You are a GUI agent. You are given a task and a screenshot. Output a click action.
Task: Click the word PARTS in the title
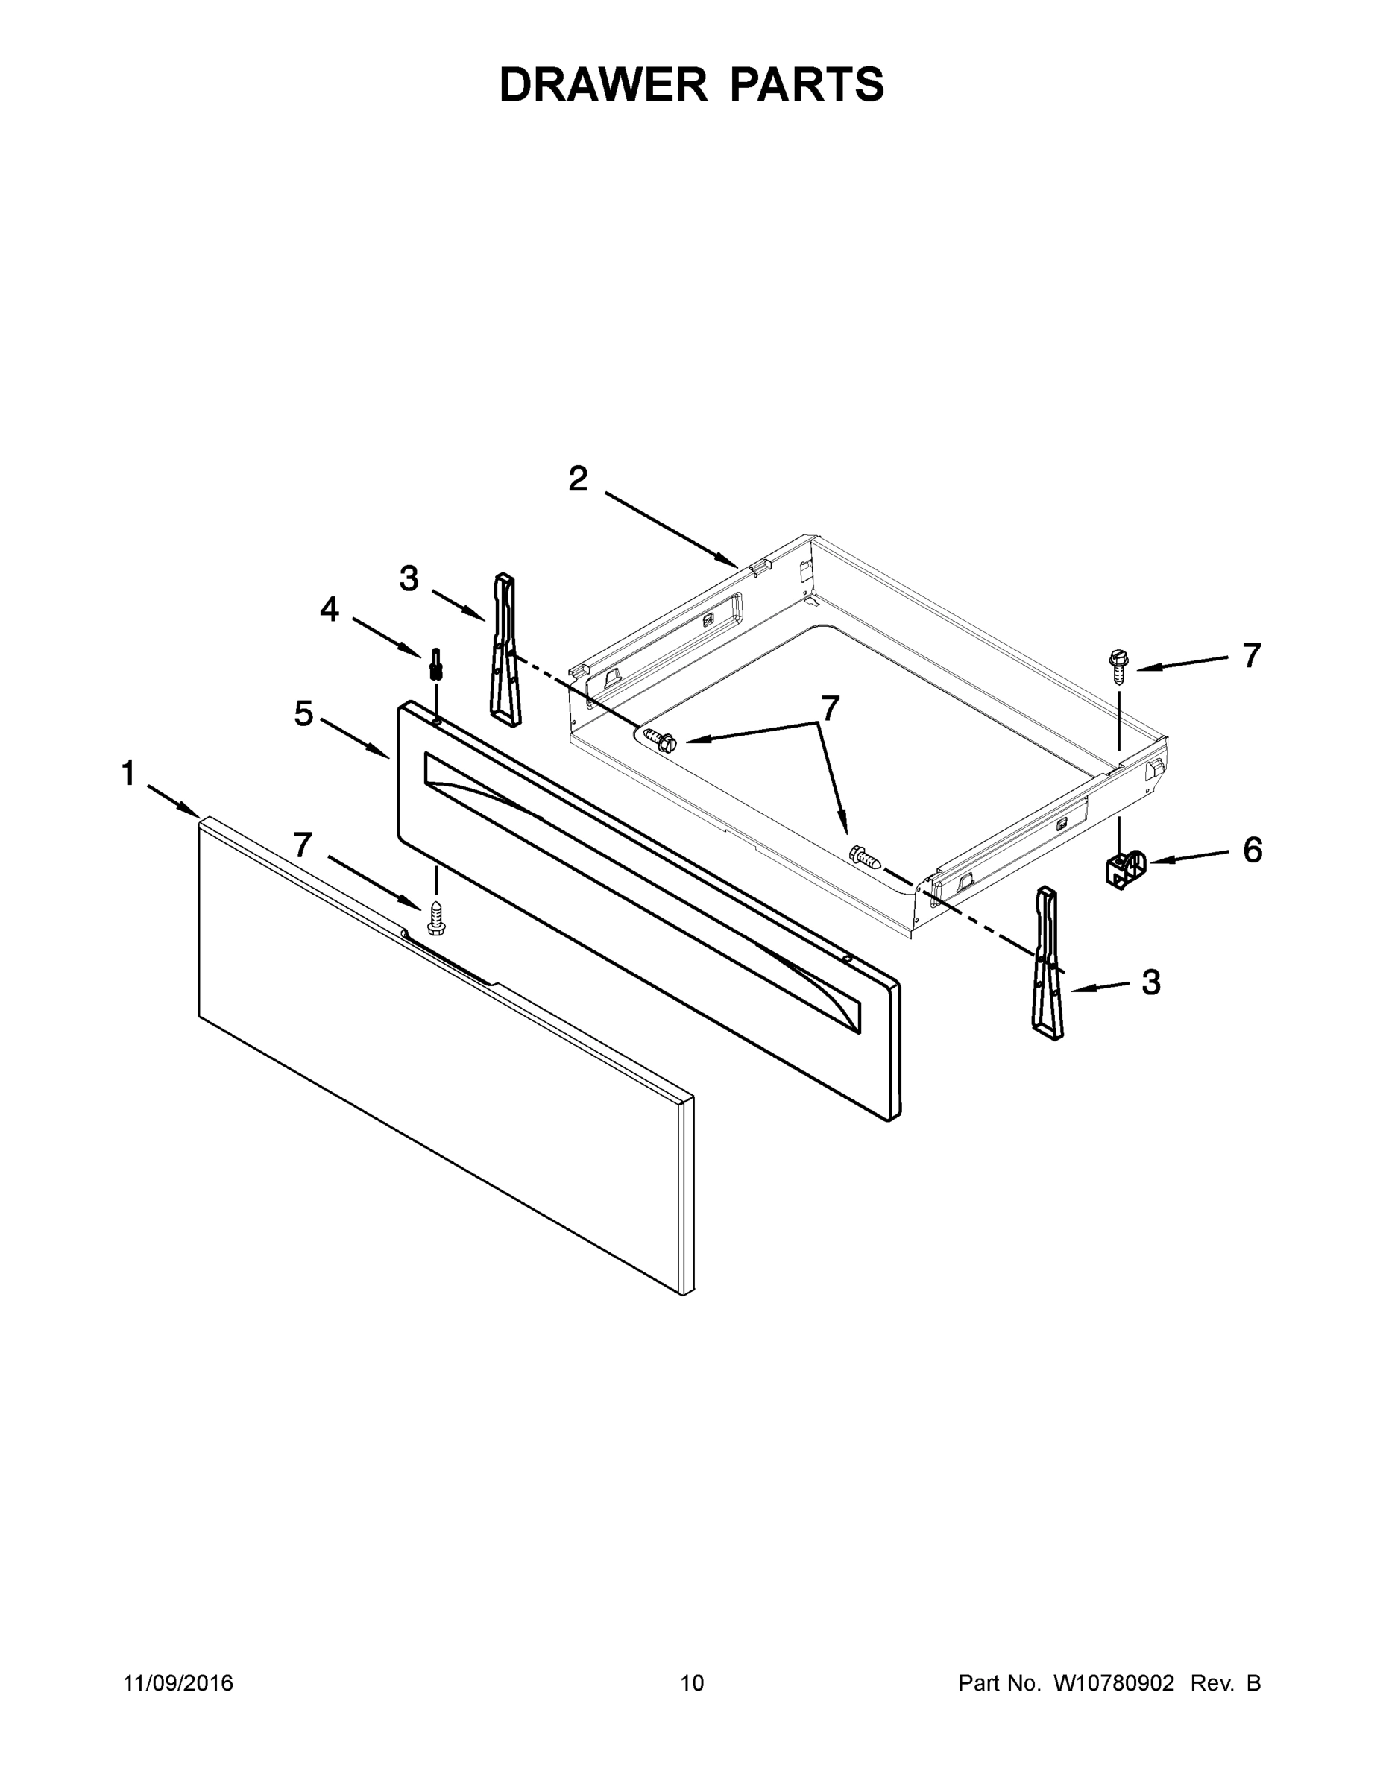point(806,84)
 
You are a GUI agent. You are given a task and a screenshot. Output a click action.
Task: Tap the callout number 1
point(129,773)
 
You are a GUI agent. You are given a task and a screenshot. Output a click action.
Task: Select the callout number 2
point(578,479)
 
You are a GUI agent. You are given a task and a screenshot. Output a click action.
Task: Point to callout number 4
point(330,608)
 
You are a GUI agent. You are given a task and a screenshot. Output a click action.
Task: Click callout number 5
point(304,714)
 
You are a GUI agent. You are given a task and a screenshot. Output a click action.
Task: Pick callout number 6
point(1253,851)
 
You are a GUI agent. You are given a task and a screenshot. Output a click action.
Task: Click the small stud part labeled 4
point(436,663)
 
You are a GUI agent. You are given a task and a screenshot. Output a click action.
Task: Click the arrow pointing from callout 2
point(672,529)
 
